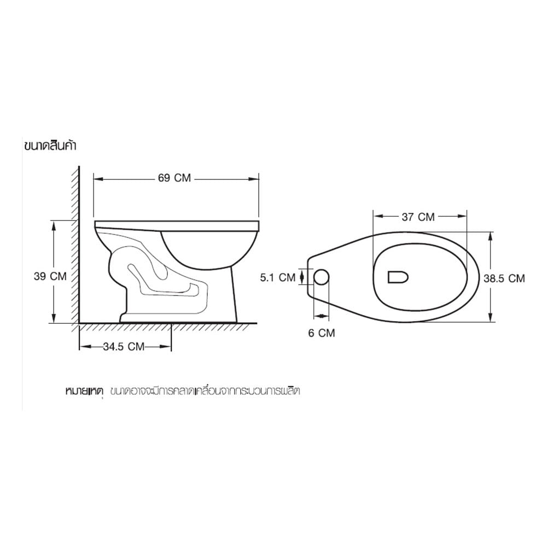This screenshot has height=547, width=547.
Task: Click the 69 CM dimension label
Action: [174, 178]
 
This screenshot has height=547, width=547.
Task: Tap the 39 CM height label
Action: [50, 276]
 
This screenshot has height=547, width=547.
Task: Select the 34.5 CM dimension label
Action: [124, 346]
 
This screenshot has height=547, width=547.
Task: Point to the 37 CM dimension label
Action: [418, 217]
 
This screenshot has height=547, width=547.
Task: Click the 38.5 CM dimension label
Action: [504, 278]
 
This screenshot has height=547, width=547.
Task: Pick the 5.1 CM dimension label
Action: [278, 277]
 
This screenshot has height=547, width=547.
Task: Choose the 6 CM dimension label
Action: [321, 333]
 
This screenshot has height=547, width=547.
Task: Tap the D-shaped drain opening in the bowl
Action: [398, 277]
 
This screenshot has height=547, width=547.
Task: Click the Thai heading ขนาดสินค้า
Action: [50, 146]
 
